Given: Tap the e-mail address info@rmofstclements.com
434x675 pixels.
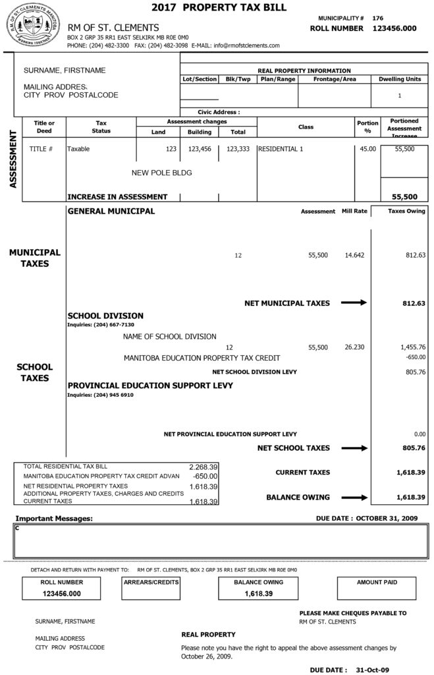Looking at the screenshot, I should (243, 45).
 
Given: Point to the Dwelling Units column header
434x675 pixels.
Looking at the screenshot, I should (400, 79).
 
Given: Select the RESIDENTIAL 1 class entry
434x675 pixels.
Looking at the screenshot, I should (281, 149).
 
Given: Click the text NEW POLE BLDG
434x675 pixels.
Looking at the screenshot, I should (162, 173).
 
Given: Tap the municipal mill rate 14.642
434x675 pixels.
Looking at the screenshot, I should (354, 254).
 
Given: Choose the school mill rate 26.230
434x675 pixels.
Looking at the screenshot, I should (354, 346).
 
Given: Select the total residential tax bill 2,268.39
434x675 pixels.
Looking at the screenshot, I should (203, 465).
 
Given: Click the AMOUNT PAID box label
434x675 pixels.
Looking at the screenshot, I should (377, 583).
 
